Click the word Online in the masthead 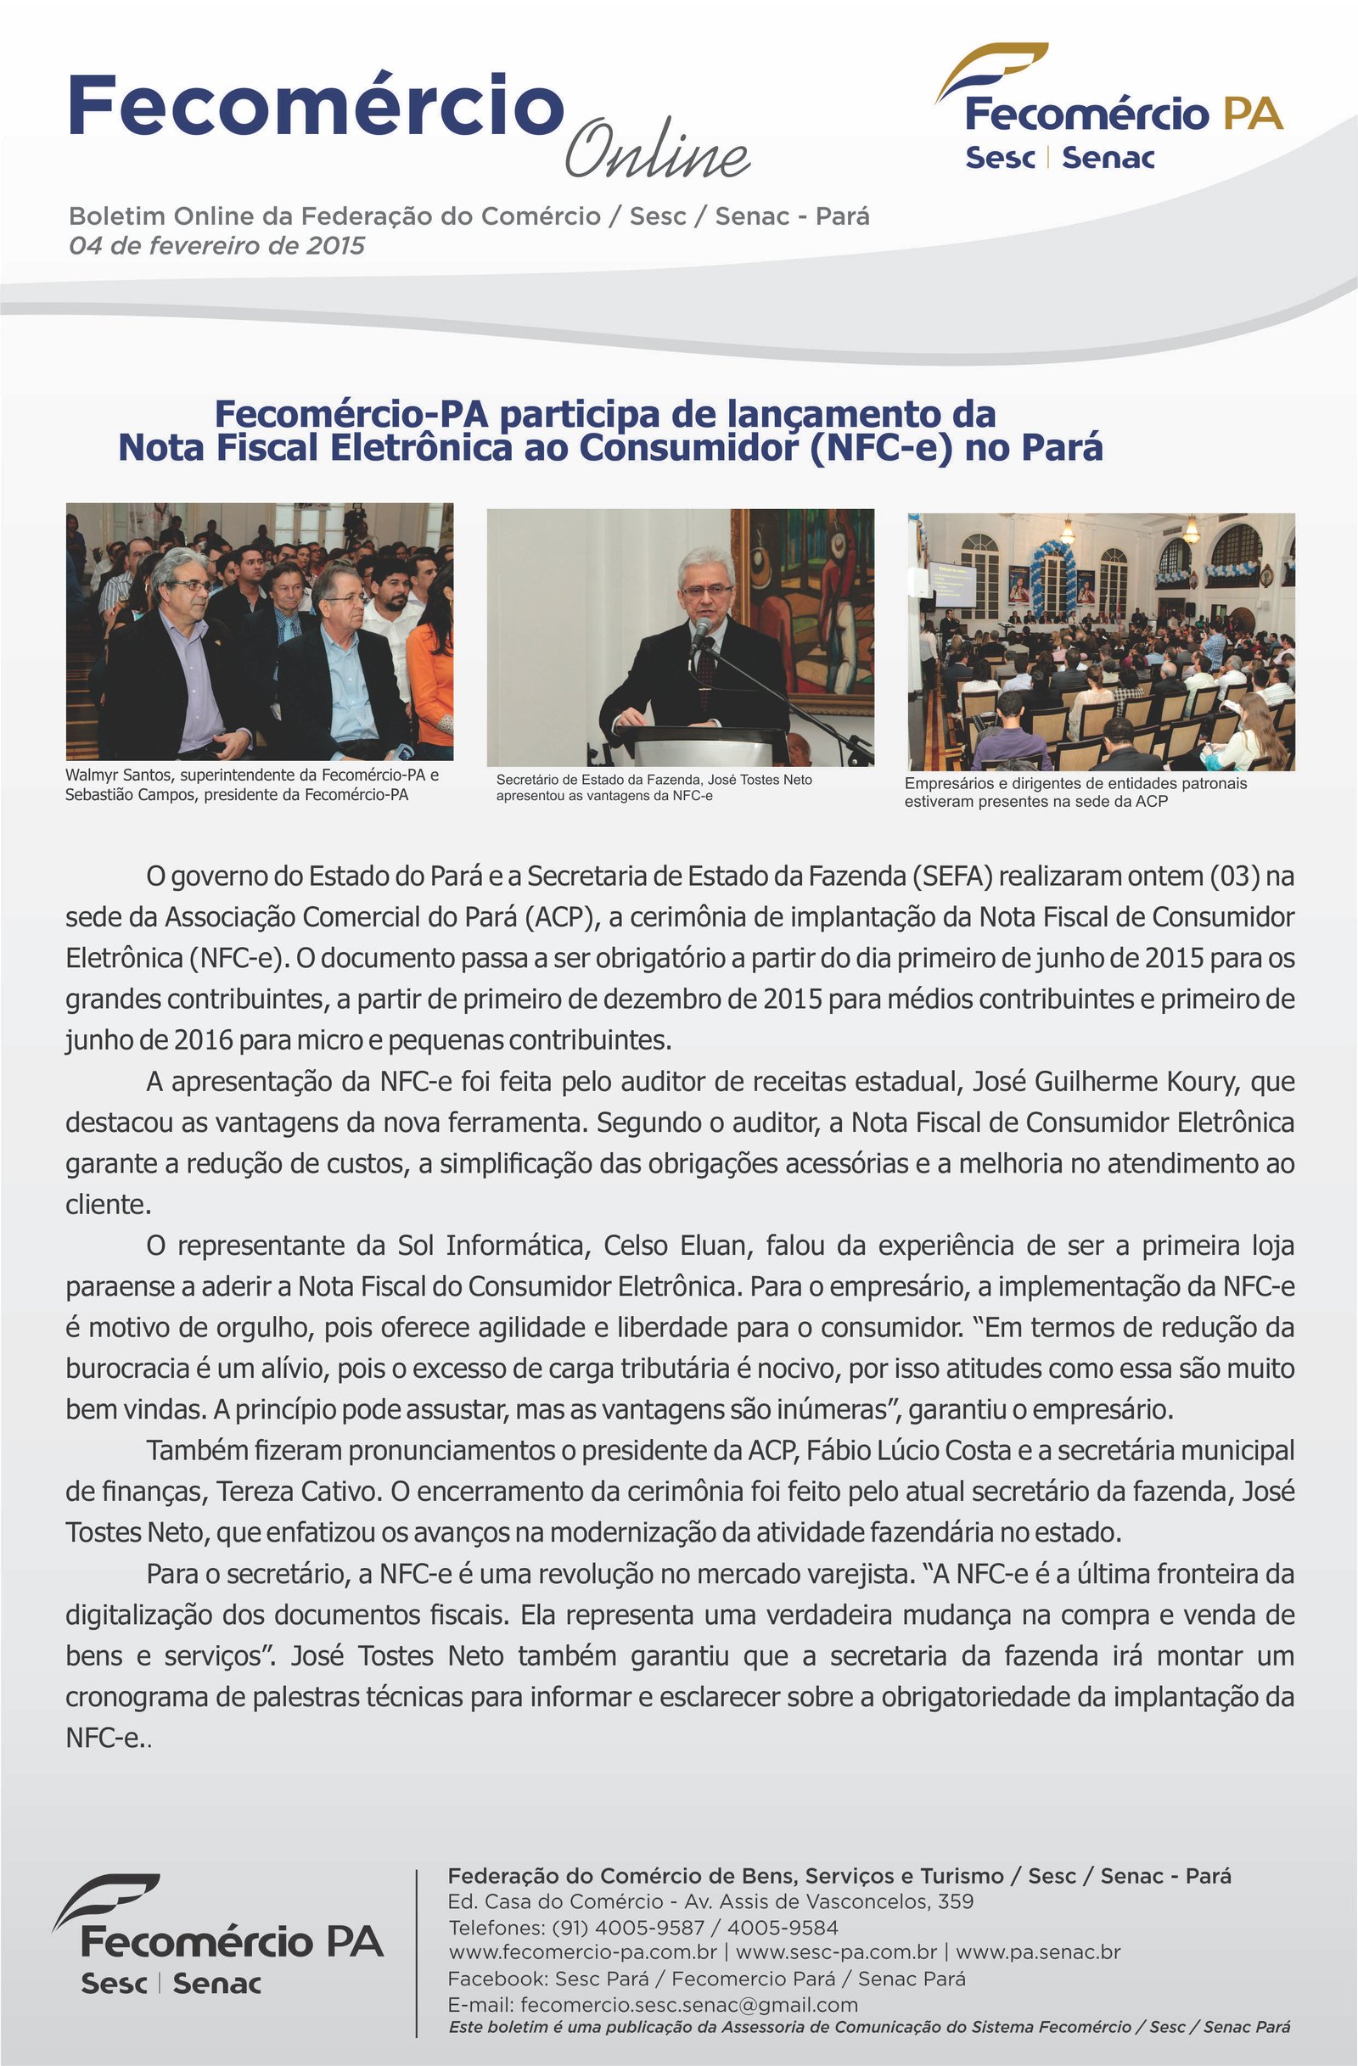657,148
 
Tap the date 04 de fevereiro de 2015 217,246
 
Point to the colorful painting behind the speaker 802,599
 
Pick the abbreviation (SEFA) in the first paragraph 951,876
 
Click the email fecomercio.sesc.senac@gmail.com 689,2004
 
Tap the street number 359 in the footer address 955,1902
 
